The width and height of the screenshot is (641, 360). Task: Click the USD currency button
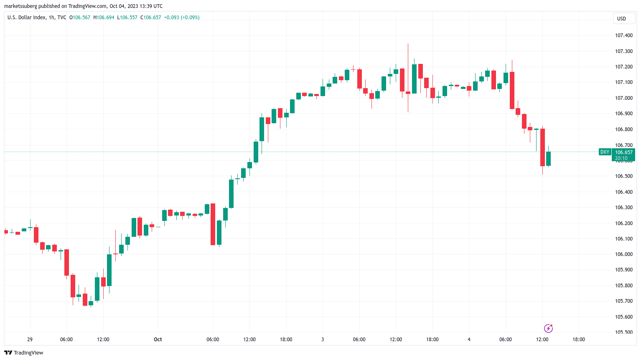pos(621,18)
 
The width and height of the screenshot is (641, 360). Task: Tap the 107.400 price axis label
pos(623,35)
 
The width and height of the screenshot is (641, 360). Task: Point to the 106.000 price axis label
pos(623,254)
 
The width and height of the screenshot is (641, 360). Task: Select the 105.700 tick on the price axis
pos(623,301)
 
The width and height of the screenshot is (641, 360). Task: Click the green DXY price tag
pos(605,152)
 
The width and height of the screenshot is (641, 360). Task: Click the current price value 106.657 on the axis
pos(623,152)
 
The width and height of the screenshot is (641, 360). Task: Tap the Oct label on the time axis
pos(158,340)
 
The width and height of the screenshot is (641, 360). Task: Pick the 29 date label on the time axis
pos(30,340)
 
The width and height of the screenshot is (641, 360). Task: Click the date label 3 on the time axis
pos(323,340)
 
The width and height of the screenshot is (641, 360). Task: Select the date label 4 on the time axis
pos(469,340)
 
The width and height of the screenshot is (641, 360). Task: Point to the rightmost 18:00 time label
pos(579,340)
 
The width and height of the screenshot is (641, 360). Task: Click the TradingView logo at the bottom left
pos(24,353)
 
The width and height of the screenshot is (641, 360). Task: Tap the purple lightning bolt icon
pos(548,329)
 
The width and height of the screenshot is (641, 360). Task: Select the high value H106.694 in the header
pos(104,18)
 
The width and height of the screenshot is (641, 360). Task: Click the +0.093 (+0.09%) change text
pos(181,18)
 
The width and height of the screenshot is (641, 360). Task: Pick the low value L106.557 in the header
pos(127,18)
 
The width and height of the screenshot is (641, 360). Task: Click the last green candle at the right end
pos(548,159)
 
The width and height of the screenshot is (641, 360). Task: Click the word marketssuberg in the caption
pos(20,6)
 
